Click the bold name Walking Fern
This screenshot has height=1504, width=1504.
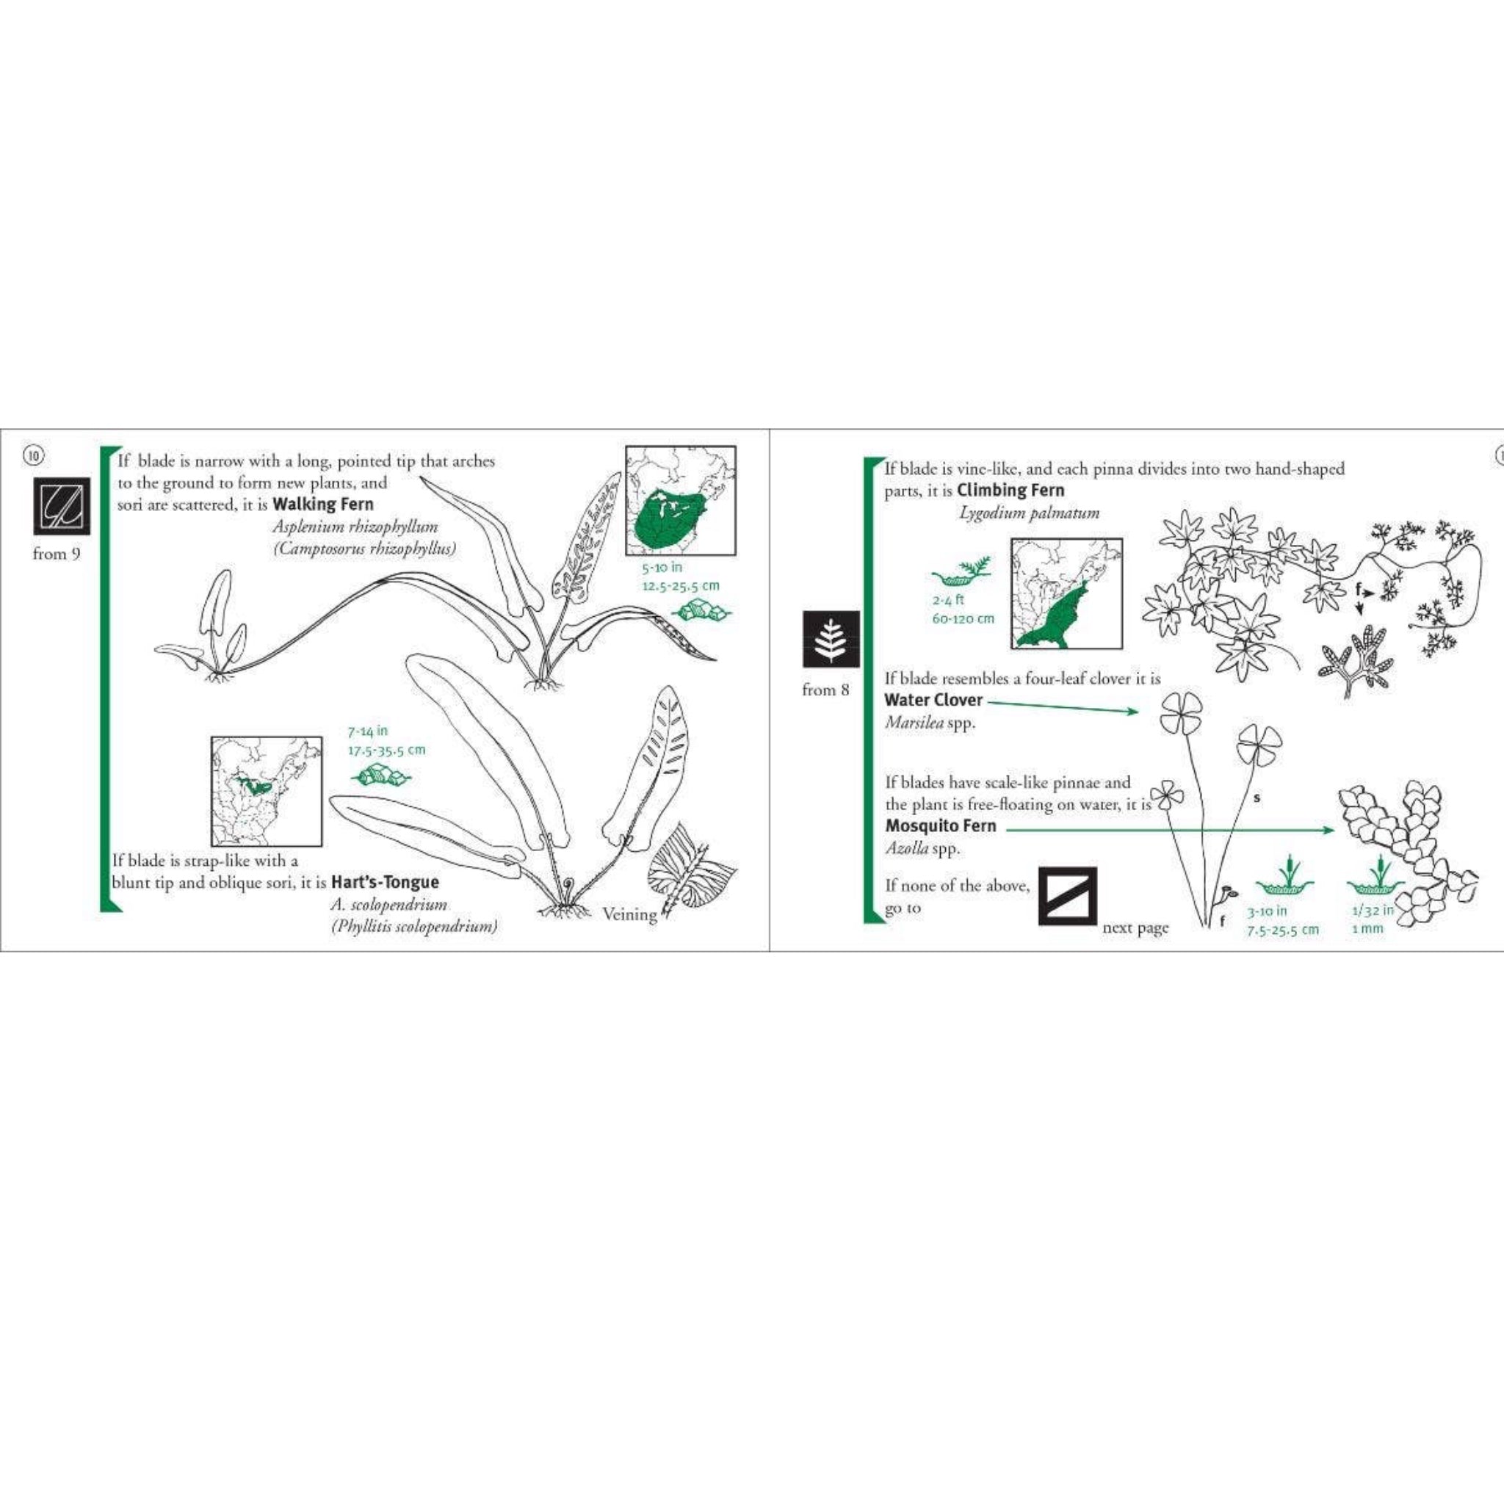tap(323, 504)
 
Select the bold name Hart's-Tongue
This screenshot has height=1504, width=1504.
tap(385, 882)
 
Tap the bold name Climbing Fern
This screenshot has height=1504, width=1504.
tap(1010, 491)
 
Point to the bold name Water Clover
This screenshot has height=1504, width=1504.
tap(933, 700)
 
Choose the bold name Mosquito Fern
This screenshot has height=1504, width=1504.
tap(941, 826)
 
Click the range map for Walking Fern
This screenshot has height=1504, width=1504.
tap(680, 501)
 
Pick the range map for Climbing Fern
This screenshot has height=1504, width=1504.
tap(1066, 594)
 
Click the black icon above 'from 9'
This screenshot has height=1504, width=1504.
tap(61, 506)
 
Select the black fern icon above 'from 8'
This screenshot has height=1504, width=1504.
tap(831, 639)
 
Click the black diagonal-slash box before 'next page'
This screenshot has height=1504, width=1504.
tap(1067, 897)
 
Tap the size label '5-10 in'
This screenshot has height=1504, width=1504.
tap(662, 568)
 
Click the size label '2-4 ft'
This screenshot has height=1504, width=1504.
tap(948, 600)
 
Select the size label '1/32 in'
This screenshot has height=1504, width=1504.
tap(1373, 911)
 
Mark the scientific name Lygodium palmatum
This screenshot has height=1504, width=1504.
tap(1029, 513)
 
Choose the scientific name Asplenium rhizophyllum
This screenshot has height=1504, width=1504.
tap(355, 527)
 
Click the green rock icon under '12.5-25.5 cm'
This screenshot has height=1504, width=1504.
tap(701, 612)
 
